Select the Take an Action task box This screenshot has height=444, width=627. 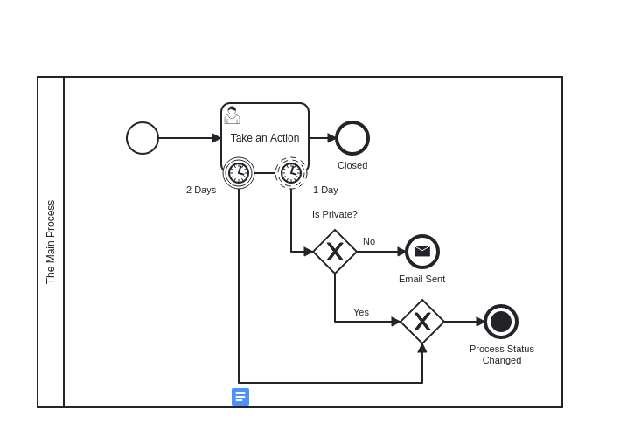(265, 138)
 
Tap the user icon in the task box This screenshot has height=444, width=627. (232, 115)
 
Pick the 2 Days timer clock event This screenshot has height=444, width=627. (239, 173)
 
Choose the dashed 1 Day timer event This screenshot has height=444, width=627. (291, 173)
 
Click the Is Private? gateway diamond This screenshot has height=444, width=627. (335, 252)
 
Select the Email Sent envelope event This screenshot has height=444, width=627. (422, 252)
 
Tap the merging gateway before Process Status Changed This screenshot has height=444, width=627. (422, 322)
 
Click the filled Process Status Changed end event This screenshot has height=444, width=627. (501, 322)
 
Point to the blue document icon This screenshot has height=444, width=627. (240, 397)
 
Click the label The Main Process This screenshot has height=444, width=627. (51, 242)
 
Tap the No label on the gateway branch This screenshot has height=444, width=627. (369, 241)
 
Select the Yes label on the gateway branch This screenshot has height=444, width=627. (361, 312)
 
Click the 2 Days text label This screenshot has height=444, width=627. (201, 190)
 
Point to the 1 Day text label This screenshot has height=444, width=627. (325, 190)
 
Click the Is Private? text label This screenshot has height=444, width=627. (335, 215)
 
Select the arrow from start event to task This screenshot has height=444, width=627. (190, 138)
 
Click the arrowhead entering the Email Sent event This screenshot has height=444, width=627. (401, 252)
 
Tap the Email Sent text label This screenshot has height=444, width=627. (421, 279)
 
